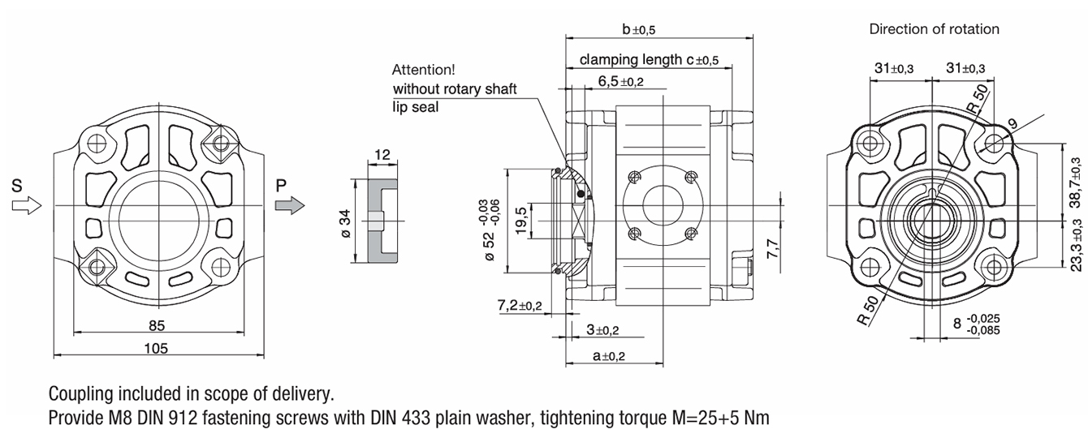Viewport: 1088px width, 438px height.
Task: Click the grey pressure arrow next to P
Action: (x=289, y=206)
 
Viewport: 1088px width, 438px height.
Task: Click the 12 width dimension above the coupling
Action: (x=382, y=155)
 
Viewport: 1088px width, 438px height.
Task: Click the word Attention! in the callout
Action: (x=423, y=70)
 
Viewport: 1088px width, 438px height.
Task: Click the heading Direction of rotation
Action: (x=934, y=29)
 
